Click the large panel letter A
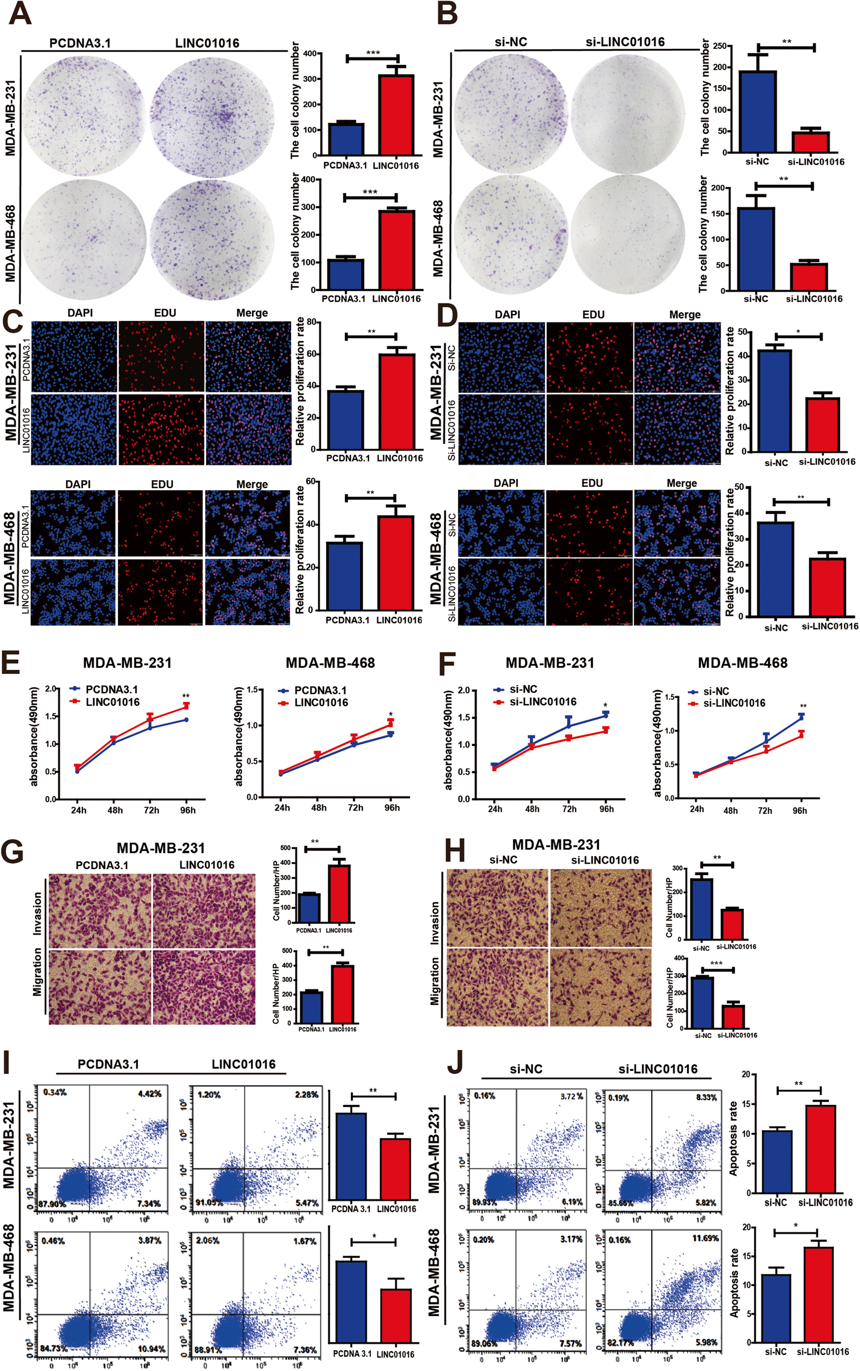tap(20, 14)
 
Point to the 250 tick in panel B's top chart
tap(720, 46)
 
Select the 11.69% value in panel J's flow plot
tap(705, 1238)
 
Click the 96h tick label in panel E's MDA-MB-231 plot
tap(188, 811)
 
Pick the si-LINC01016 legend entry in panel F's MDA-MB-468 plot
tap(734, 704)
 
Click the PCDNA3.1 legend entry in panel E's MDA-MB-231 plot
tap(111, 689)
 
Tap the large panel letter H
tap(455, 851)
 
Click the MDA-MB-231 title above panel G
tap(160, 848)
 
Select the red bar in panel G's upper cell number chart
tap(339, 893)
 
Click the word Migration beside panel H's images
tap(434, 981)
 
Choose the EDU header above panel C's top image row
tap(165, 313)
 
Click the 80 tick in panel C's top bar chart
tap(311, 322)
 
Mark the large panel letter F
tap(449, 663)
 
